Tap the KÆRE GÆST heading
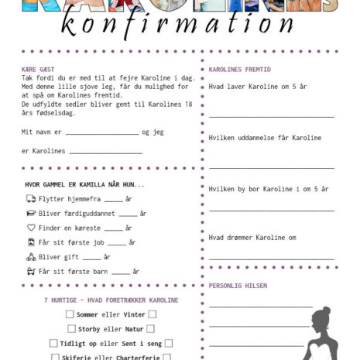pyautogui.click(x=39, y=69)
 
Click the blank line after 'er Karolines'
pyautogui.click(x=106, y=153)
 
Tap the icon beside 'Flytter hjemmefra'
pyautogui.click(x=31, y=199)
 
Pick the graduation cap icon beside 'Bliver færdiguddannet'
pyautogui.click(x=31, y=213)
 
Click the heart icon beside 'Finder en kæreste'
pyautogui.click(x=31, y=228)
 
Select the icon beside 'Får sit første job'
pyautogui.click(x=31, y=242)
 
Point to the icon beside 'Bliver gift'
pyautogui.click(x=31, y=257)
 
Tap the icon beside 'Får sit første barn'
pyautogui.click(x=31, y=271)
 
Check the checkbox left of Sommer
pyautogui.click(x=70, y=314)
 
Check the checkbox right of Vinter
pyautogui.click(x=153, y=314)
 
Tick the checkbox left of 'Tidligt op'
pyautogui.click(x=53, y=343)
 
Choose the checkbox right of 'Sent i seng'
pyautogui.click(x=168, y=343)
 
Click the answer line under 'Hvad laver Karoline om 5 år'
pyautogui.click(x=271, y=115)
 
